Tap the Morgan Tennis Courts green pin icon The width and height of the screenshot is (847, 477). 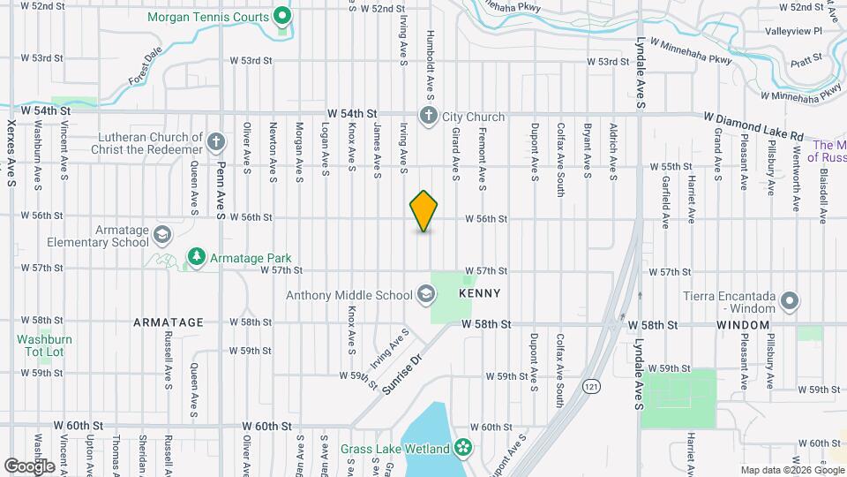(282, 15)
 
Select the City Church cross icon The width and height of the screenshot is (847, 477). (428, 116)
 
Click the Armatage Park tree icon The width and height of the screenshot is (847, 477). (196, 257)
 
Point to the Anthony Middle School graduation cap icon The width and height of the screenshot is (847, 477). (425, 294)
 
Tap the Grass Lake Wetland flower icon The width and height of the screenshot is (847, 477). (462, 449)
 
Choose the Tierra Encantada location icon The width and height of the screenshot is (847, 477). (790, 302)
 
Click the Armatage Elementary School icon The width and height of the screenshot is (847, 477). (161, 234)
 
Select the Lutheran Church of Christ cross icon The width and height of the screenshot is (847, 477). (216, 142)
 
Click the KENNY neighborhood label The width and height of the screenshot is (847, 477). (480, 293)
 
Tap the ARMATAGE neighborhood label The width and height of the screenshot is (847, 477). (169, 322)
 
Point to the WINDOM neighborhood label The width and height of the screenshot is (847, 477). (743, 325)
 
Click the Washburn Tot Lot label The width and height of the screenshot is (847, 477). (44, 345)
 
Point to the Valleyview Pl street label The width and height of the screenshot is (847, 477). (794, 31)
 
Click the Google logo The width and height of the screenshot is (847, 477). (30, 466)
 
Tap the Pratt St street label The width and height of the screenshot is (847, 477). (806, 57)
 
